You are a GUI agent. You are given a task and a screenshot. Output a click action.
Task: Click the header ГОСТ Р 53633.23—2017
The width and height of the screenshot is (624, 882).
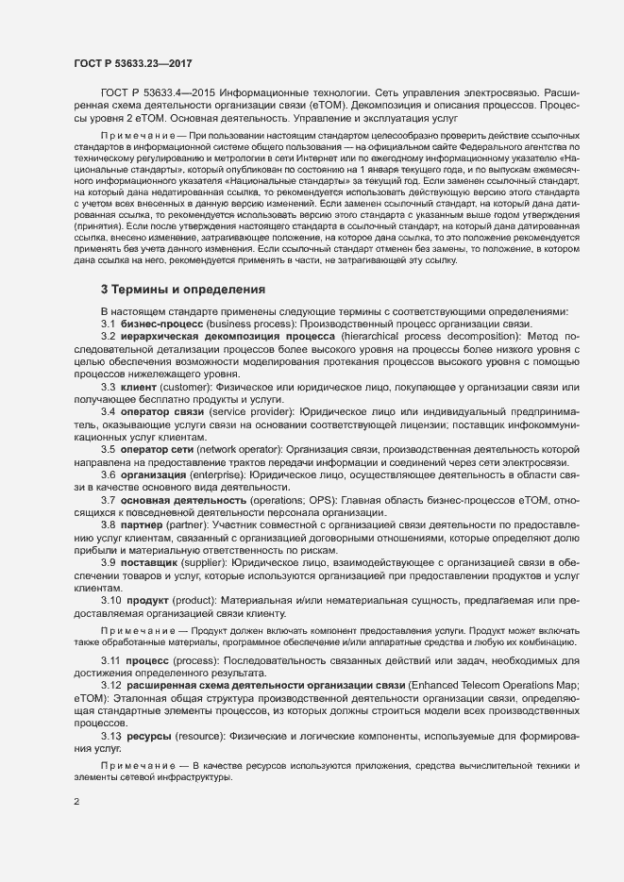click(133, 62)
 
